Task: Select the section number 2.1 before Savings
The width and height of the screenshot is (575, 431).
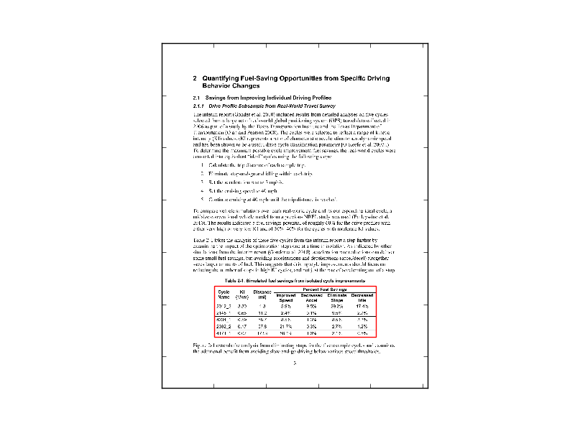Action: [x=198, y=97]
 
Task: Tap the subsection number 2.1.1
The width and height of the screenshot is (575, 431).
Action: [x=200, y=105]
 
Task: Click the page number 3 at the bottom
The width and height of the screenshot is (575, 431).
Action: [x=295, y=362]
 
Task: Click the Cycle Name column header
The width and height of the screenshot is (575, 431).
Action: [x=224, y=295]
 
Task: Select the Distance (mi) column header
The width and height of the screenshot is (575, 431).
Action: [x=263, y=295]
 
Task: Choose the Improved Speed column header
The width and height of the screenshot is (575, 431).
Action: [x=285, y=297]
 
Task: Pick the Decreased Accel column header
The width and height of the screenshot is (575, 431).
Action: [x=312, y=297]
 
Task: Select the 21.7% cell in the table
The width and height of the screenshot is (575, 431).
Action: [x=285, y=326]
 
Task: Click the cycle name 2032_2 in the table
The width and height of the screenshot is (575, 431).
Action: [x=224, y=326]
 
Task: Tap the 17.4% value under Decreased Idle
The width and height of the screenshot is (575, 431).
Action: [x=362, y=306]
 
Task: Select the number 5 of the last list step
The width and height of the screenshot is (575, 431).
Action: [x=203, y=198]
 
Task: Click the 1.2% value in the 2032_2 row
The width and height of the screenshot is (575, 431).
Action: [x=362, y=326]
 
